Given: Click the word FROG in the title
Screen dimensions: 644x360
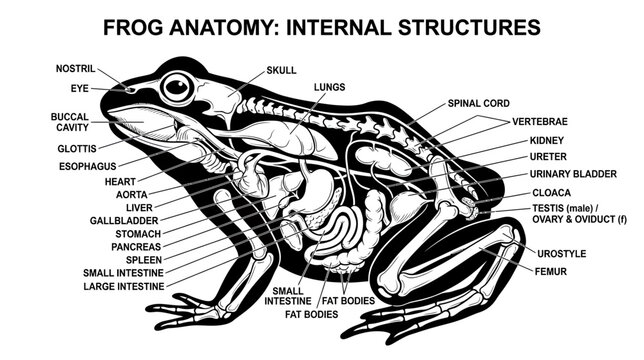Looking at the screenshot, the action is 133,28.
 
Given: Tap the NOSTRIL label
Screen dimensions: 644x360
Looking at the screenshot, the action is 75,69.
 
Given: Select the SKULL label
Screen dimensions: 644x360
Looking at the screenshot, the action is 281,70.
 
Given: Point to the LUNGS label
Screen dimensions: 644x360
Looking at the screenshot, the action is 329,87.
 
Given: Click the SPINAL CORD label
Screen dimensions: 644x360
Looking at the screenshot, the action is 478,103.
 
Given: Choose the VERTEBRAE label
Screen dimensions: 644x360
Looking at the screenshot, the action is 540,122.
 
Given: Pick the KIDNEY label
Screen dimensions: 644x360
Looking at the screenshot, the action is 547,140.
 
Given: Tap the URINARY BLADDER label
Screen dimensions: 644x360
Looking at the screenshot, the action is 573,174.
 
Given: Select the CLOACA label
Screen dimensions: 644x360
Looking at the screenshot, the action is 551,193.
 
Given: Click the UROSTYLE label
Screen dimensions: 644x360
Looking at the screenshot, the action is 561,254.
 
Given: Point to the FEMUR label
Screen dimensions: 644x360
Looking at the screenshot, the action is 550,271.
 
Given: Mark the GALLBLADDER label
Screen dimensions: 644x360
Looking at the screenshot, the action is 124,221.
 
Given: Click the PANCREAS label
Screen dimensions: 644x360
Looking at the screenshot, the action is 136,247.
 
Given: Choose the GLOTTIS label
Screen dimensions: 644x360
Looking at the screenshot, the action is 77,149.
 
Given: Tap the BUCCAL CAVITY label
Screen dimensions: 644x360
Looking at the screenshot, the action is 69,122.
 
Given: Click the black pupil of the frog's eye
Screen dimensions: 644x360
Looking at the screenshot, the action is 177,87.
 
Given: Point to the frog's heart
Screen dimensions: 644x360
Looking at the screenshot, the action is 253,177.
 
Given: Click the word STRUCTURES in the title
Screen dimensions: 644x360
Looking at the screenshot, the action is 469,28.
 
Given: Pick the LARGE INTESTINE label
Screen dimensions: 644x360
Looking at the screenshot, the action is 124,286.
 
